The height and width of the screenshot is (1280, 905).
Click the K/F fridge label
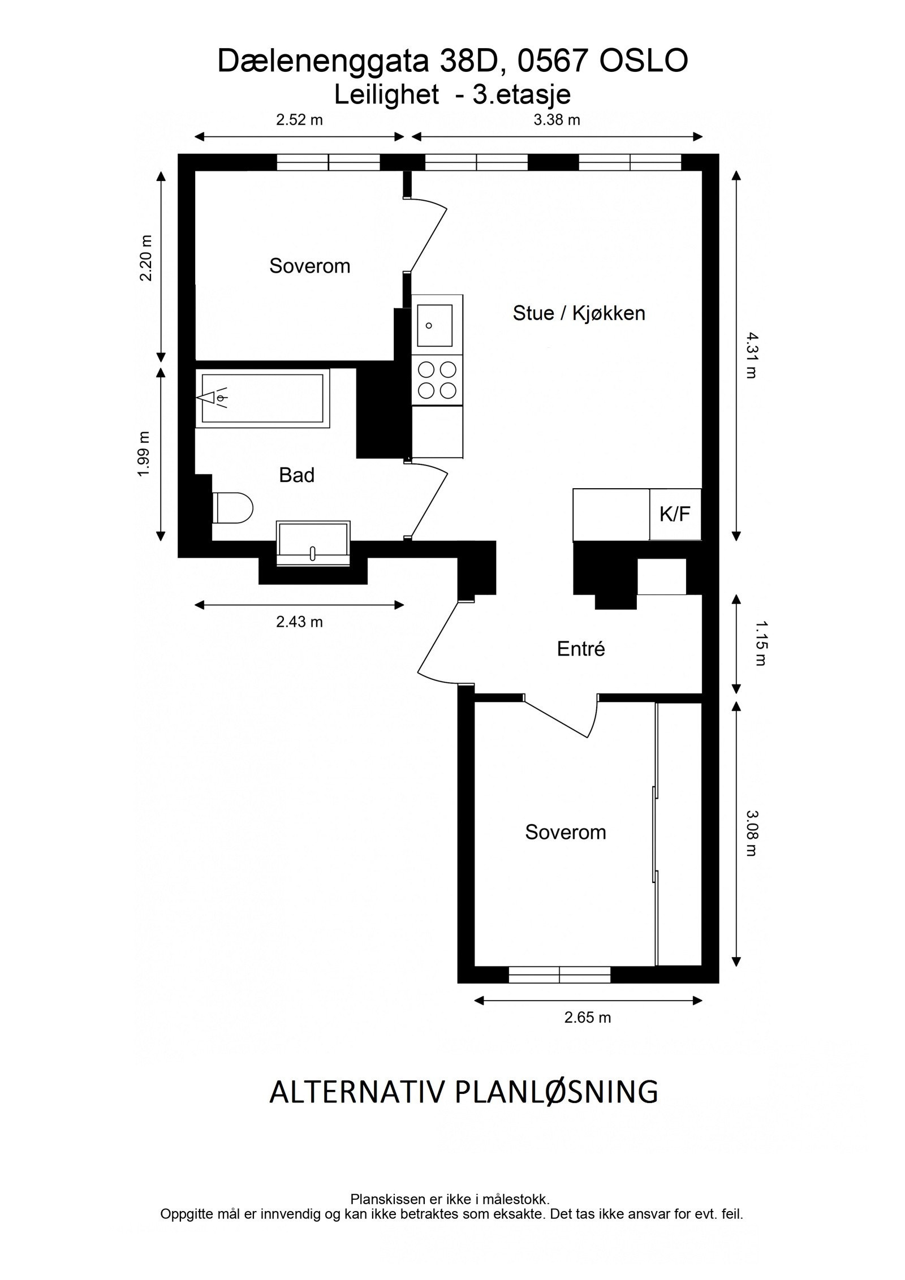click(x=675, y=515)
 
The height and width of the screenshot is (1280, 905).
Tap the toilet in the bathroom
click(x=233, y=508)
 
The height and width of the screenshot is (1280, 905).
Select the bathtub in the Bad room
click(x=262, y=398)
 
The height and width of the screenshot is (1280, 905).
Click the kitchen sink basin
click(x=435, y=326)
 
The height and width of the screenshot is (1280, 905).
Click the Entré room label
click(x=581, y=649)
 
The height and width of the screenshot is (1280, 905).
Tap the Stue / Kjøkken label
click(x=579, y=313)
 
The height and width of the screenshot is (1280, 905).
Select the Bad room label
click(x=296, y=475)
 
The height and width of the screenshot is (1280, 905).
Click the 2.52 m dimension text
click(x=299, y=120)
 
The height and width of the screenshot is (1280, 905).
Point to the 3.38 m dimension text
click(x=557, y=120)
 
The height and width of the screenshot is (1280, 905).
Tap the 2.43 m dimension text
click(x=299, y=622)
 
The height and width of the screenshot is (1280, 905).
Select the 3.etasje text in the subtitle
click(x=522, y=94)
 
